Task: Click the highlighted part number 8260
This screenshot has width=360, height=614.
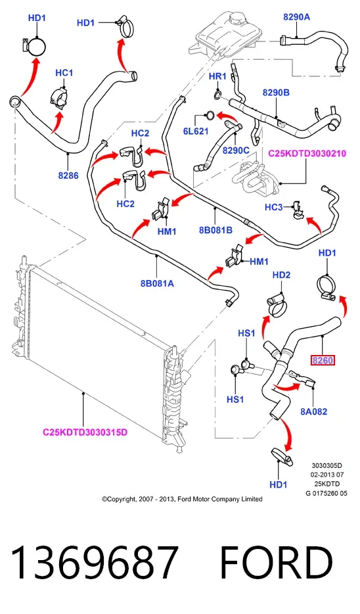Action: pos(323,360)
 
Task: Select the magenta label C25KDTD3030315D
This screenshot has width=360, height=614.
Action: pos(85,433)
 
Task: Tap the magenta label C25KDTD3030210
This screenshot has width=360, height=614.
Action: pos(307,154)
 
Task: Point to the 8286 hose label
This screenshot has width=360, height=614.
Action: pos(68,176)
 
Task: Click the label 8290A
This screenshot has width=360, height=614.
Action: pos(297,16)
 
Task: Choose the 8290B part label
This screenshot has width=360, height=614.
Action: pos(276,93)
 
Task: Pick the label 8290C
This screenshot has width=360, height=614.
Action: pos(236,151)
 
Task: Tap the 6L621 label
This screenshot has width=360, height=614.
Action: pos(196,131)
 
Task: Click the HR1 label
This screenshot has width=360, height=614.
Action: pos(217,76)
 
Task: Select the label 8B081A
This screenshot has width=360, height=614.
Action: pos(157,283)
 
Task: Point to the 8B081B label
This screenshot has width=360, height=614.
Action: pos(215,230)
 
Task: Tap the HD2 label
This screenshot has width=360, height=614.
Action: pos(281,275)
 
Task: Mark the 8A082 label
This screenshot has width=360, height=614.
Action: pos(314,412)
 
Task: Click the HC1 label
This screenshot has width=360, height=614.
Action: pos(64,73)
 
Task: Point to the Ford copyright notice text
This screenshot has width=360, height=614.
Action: pos(182,499)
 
